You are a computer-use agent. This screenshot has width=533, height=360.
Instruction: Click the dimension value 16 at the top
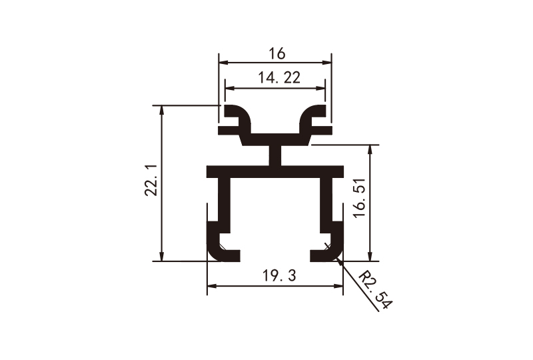pos(275,53)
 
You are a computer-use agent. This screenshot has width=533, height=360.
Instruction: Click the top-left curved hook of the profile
pos(237,117)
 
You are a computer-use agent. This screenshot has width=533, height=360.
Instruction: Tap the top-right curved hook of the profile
pos(313,117)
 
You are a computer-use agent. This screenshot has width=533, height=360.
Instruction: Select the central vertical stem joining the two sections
pos(275,155)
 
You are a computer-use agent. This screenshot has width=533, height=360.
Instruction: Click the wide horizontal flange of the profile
pos(275,171)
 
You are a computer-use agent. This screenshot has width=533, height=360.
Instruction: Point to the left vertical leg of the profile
pos(225,200)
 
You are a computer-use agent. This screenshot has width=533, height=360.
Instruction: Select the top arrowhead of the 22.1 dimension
pos(161,110)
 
